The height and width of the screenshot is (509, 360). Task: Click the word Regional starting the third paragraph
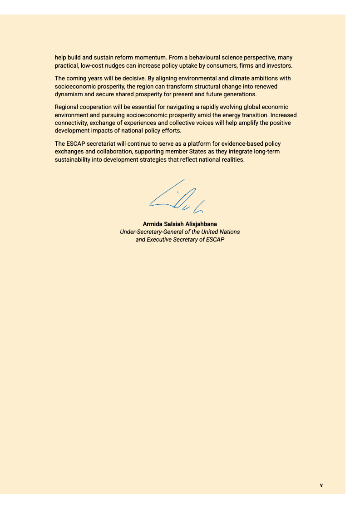pyautogui.click(x=67, y=108)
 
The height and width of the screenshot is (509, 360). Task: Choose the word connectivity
pyautogui.click(x=70, y=123)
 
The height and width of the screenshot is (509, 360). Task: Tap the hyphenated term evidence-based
pyautogui.click(x=235, y=144)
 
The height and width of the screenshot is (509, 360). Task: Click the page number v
pyautogui.click(x=321, y=485)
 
